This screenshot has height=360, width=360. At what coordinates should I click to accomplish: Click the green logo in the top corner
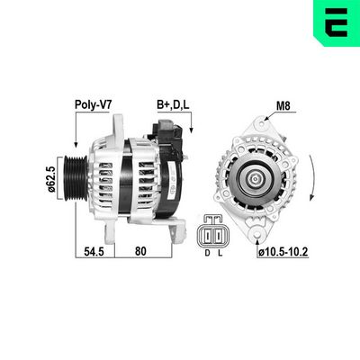pos(337,21)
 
